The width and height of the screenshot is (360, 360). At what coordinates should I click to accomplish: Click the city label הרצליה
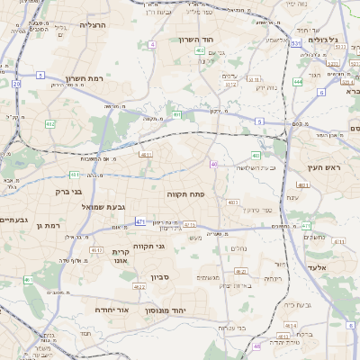click(92, 25)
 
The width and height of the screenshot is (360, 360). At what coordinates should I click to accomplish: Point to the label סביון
click(160, 276)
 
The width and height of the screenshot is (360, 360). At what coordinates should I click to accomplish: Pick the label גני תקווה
click(148, 246)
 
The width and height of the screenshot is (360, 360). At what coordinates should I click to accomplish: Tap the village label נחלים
click(239, 248)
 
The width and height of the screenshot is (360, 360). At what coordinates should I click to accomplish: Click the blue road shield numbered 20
click(16, 84)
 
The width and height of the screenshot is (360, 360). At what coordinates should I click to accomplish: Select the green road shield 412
click(49, 124)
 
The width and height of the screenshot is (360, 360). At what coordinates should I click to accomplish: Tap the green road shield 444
click(297, 82)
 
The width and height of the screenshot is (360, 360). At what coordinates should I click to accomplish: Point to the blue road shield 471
click(139, 221)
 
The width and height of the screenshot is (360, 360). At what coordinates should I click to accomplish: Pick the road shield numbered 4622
click(139, 287)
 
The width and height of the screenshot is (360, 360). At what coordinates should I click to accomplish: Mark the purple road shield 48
click(256, 346)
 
